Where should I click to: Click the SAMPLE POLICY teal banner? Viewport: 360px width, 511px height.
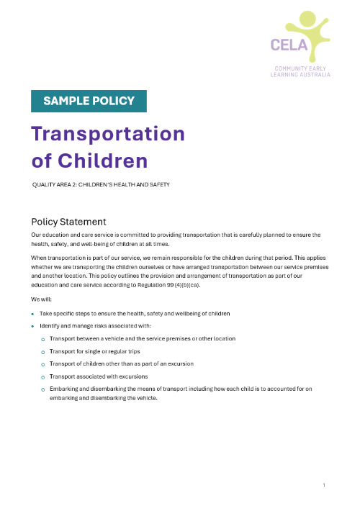89,101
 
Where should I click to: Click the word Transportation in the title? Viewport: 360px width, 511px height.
108,135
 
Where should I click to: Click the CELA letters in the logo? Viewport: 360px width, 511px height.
289,45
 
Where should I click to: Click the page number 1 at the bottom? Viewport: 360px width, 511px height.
324,485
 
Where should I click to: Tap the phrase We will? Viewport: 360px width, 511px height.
41,299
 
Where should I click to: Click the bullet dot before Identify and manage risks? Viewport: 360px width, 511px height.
32,327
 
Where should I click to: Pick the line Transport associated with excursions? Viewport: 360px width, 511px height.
99,376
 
